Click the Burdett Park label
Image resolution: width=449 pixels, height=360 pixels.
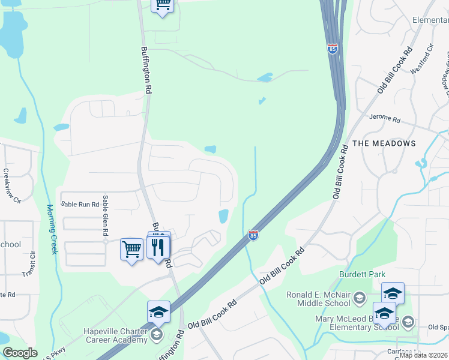pyautogui.click(x=361, y=274)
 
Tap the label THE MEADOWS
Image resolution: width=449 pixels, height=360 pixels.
pyautogui.click(x=384, y=143)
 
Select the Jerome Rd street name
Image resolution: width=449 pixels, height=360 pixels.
pyautogui.click(x=385, y=118)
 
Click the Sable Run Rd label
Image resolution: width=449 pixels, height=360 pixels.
pyautogui.click(x=79, y=205)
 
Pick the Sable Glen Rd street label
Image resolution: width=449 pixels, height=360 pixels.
pyautogui.click(x=105, y=215)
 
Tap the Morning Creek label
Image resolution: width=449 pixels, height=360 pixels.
pyautogui.click(x=52, y=229)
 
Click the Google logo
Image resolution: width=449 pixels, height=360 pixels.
pyautogui.click(x=20, y=353)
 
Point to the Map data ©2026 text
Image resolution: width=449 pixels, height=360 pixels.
pyautogui.click(x=424, y=355)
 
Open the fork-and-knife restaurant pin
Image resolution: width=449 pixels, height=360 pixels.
pyautogui.click(x=158, y=247)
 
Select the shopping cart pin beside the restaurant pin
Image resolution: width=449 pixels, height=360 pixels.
pyautogui.click(x=131, y=248)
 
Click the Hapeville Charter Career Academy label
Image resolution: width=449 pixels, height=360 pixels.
pyautogui.click(x=116, y=336)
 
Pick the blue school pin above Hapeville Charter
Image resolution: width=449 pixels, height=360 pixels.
pyautogui.click(x=158, y=311)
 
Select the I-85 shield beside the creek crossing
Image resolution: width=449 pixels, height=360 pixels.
pyautogui.click(x=253, y=236)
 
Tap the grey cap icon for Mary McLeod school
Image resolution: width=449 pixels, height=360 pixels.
pyautogui.click(x=408, y=322)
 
